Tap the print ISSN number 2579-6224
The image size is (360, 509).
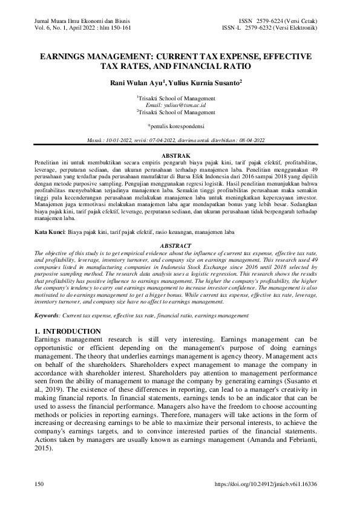[x=272, y=21]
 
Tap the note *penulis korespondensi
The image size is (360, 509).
[x=180, y=126]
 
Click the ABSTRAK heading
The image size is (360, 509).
[x=180, y=156]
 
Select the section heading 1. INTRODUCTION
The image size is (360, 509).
[x=68, y=331]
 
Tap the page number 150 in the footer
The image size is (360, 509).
[x=40, y=485]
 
